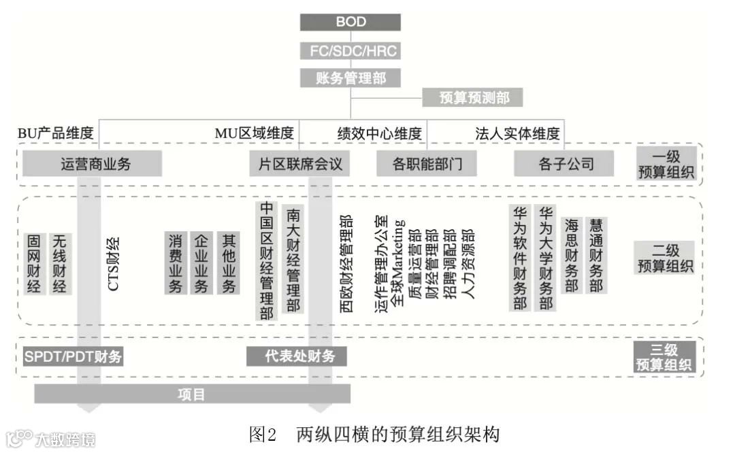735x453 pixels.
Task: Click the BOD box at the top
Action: point(350,22)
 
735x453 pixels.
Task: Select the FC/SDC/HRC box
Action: point(350,51)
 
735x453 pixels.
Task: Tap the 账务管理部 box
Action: point(350,78)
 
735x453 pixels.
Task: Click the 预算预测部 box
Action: point(474,98)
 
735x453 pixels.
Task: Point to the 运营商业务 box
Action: point(92,164)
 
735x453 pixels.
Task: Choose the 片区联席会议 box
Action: point(300,164)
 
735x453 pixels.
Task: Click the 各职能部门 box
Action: point(427,164)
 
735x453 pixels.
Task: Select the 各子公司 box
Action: point(564,164)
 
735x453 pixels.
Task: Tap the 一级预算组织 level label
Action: point(666,164)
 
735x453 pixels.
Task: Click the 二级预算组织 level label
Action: point(666,257)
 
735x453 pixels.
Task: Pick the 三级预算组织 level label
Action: point(666,357)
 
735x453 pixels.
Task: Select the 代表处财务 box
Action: point(296,356)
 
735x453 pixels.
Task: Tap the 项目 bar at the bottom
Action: point(192,394)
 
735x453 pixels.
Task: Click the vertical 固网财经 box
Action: point(34,263)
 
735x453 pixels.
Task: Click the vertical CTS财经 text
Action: point(114,263)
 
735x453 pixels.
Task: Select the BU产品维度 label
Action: point(56,133)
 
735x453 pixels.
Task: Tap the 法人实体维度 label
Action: point(517,133)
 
